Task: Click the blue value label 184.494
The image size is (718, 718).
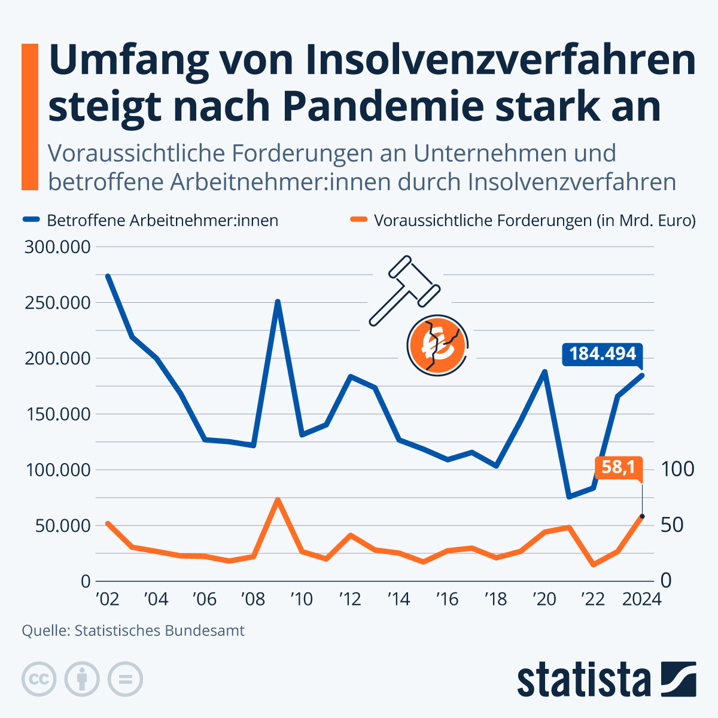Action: [602, 354]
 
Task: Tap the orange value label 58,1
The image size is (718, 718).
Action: [618, 467]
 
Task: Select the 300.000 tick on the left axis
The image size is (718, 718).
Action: [57, 247]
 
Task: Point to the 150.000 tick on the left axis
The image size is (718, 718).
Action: [57, 414]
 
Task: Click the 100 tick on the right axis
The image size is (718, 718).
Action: [679, 468]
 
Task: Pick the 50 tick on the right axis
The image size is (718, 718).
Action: [673, 525]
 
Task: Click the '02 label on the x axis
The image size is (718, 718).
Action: [107, 599]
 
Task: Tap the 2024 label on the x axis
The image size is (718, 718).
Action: [641, 599]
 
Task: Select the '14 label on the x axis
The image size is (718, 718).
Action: [398, 599]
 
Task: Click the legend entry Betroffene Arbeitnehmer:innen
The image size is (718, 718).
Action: [162, 220]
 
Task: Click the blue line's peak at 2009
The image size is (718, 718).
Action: [278, 302]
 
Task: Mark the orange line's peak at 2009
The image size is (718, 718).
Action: [278, 499]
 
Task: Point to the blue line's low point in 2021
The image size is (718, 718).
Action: [568, 497]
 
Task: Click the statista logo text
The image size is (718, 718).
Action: [584, 680]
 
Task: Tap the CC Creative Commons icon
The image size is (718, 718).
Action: [39, 679]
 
